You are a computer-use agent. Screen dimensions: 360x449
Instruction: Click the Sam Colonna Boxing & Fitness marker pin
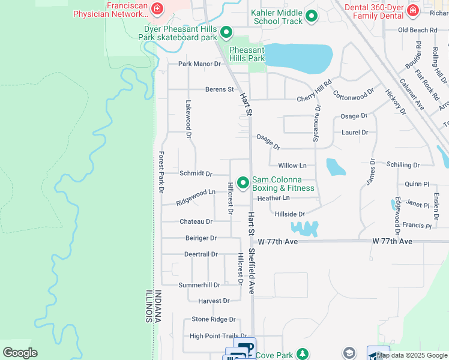(243, 182)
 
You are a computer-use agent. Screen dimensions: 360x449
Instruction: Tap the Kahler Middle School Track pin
(311, 16)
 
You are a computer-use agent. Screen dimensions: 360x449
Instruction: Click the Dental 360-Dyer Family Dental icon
(412, 10)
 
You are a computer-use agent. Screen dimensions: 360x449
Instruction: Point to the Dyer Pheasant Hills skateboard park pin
(226, 32)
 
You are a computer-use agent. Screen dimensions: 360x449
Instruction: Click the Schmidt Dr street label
(196, 174)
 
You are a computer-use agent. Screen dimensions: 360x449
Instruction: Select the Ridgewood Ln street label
(196, 197)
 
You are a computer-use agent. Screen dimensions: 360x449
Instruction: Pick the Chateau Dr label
(196, 221)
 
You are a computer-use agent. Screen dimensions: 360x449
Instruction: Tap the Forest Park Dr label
(161, 172)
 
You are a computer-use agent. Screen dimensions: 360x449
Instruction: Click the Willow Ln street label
(292, 165)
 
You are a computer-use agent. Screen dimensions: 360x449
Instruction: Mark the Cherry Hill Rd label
(315, 93)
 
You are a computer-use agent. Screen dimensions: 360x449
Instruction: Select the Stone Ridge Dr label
(213, 320)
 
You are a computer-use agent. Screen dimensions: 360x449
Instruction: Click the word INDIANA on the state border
(158, 306)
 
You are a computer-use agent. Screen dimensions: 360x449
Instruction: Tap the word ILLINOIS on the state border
(148, 306)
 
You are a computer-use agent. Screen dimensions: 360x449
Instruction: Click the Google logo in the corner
(20, 353)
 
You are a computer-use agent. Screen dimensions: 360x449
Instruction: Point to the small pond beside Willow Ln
(335, 167)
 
